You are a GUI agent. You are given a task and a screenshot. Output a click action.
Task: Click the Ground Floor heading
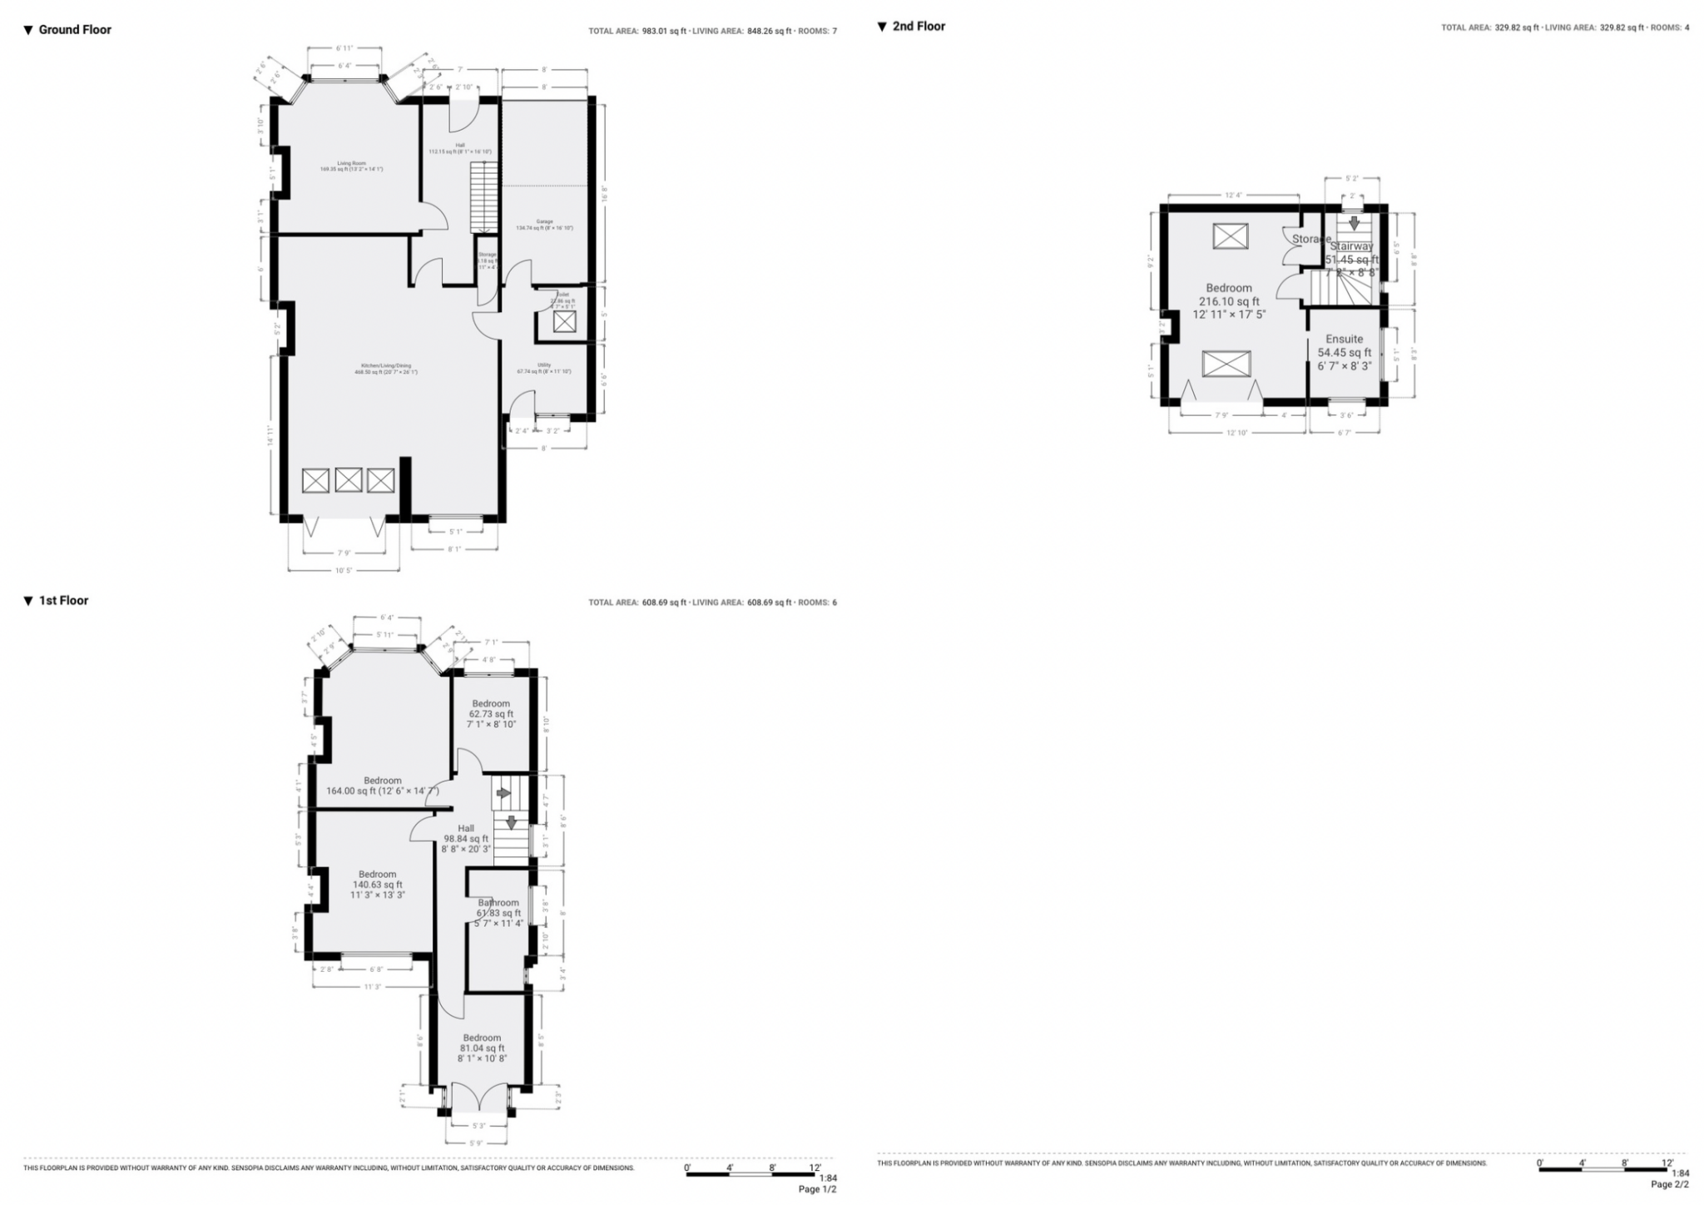click(x=75, y=30)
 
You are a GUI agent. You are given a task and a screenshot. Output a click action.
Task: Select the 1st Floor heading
click(x=63, y=601)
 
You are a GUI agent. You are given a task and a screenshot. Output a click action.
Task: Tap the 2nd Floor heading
click(x=919, y=27)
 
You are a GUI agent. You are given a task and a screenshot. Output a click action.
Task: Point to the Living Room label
click(x=351, y=163)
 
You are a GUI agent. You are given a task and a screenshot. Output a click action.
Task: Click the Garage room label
click(x=544, y=222)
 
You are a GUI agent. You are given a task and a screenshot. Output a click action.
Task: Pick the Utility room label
click(x=544, y=364)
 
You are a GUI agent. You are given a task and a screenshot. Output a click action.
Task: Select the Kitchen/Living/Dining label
click(x=385, y=365)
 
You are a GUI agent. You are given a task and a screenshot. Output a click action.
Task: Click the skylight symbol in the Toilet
click(x=564, y=321)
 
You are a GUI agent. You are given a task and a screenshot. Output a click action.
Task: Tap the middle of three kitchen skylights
click(x=349, y=480)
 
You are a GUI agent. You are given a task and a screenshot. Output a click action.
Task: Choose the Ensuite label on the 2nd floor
click(x=1344, y=340)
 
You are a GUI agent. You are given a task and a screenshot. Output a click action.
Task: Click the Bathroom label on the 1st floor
click(x=498, y=903)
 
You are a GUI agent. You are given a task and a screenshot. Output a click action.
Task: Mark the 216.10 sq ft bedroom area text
click(x=1229, y=301)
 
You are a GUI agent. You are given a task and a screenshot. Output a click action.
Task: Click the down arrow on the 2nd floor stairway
click(x=1354, y=223)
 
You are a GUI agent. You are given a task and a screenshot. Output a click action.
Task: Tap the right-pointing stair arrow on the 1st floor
click(x=503, y=794)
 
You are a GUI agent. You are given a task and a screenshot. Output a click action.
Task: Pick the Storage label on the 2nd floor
click(x=1310, y=240)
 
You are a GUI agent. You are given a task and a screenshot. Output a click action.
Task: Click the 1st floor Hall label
click(x=466, y=829)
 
